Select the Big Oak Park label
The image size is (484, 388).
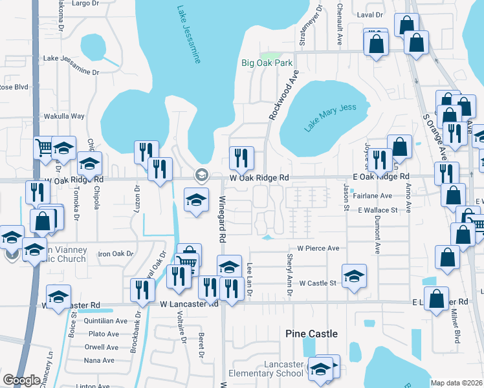[x=267, y=63]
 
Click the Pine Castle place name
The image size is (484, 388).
[x=312, y=334]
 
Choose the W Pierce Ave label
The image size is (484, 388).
[x=318, y=248]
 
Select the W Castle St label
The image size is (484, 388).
[x=317, y=283]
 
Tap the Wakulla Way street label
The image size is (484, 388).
[x=63, y=116]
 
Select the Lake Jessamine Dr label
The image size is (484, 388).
[x=71, y=58]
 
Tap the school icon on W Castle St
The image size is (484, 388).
[x=353, y=275]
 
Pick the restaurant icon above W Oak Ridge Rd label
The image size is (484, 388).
[x=241, y=157]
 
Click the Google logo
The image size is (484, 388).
[x=22, y=380]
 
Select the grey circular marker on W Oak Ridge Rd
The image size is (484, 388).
[x=201, y=175]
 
